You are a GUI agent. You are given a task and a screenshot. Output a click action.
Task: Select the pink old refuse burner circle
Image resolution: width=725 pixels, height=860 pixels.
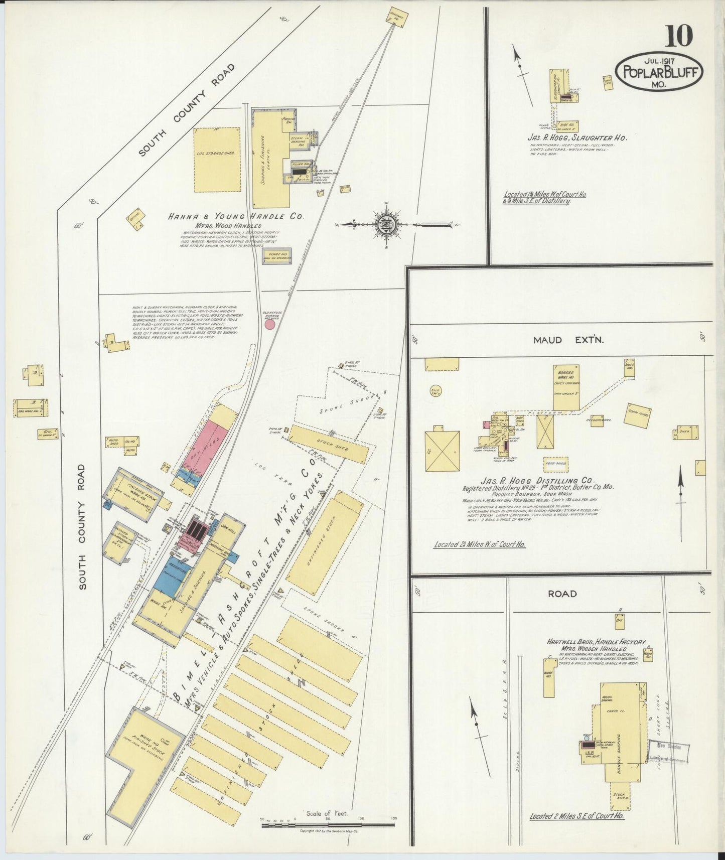(x=269, y=325)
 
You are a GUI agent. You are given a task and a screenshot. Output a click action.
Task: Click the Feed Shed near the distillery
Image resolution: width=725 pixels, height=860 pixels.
(x=556, y=463)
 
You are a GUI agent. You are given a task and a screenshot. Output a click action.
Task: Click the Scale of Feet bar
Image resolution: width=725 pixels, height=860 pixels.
(x=328, y=824)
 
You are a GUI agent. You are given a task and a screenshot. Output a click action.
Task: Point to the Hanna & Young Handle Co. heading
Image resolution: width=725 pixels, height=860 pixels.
(x=236, y=217)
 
